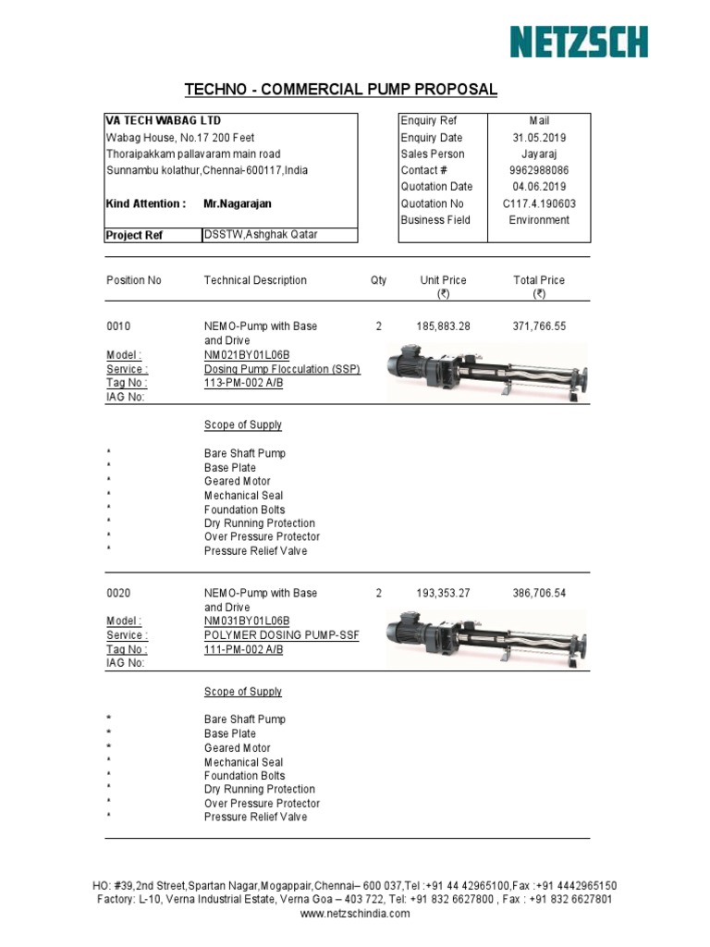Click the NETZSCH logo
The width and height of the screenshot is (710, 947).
580,42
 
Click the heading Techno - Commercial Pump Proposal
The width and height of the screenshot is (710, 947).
341,90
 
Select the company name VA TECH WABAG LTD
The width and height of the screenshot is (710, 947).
163,121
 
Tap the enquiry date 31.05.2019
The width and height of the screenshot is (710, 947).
538,138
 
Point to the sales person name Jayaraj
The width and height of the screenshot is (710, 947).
538,154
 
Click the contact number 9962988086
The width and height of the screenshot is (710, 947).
538,171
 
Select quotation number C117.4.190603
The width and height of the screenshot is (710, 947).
538,203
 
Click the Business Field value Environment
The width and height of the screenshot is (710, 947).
539,220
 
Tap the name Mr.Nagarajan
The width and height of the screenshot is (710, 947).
238,203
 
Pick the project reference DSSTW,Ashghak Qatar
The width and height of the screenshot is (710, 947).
261,235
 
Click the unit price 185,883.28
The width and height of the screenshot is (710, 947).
443,326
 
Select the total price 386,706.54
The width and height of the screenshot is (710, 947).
539,594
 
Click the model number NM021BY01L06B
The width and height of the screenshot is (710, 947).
247,355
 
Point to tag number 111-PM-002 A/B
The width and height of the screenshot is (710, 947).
243,649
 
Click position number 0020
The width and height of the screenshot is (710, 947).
119,594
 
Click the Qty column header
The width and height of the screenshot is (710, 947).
378,280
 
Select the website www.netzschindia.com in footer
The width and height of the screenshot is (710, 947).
355,914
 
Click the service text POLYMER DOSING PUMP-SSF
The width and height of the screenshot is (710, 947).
281,635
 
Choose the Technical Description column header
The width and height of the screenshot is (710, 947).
255,280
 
